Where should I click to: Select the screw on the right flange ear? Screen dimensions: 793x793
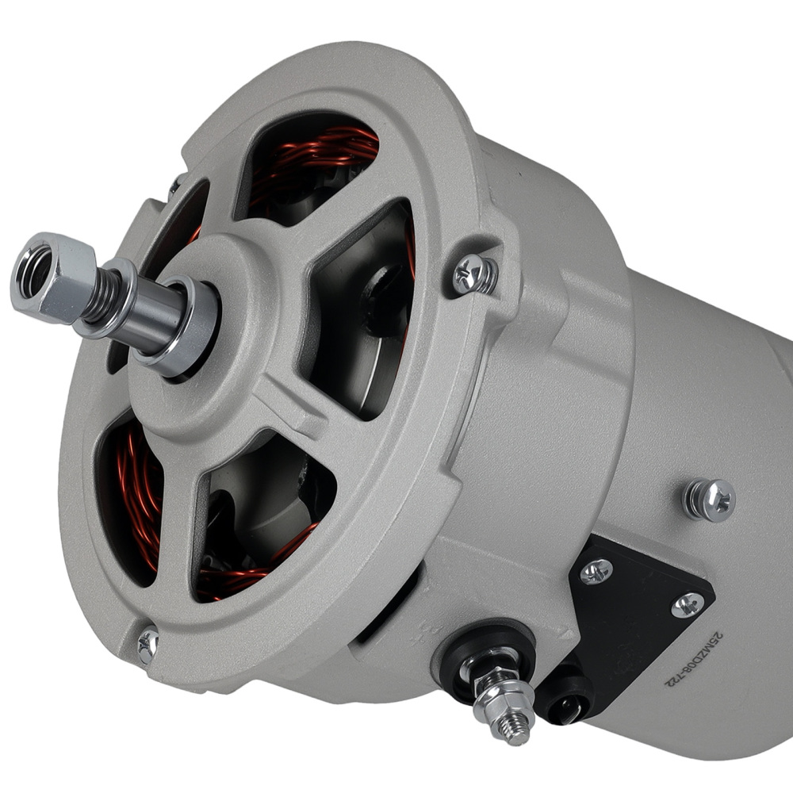coord(475,274)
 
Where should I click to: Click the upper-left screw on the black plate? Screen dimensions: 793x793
coord(596,570)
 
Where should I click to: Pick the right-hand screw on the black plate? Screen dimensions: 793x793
coord(687,604)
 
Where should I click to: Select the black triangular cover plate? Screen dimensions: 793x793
coord(634,603)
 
